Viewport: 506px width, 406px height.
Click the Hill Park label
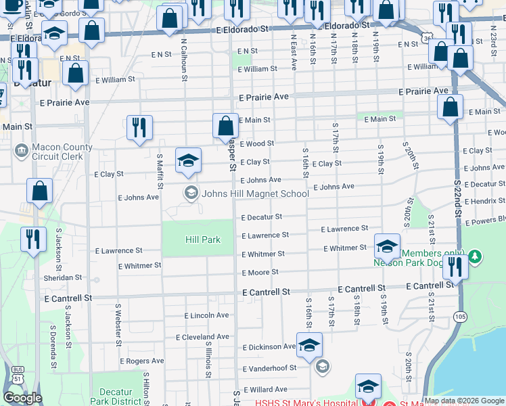click(203, 240)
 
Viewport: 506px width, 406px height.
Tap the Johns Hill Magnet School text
click(256, 194)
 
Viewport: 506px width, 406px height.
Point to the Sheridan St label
click(62, 278)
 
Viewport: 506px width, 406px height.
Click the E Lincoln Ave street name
click(206, 315)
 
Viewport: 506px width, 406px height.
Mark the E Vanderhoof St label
click(269, 368)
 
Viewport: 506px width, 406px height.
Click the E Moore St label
click(260, 273)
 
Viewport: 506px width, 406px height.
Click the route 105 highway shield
click(460, 316)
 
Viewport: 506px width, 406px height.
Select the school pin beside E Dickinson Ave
click(309, 346)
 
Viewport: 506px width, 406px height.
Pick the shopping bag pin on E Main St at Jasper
click(225, 127)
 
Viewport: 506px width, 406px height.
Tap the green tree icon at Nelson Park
click(476, 256)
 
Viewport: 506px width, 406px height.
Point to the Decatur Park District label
click(120, 397)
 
